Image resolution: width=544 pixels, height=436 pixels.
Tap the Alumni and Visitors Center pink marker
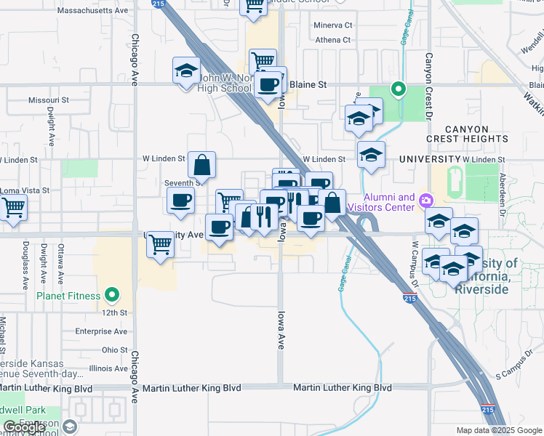tap(427, 200)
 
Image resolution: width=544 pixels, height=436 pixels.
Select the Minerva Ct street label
tap(333, 25)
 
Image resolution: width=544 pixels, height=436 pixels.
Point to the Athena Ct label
tap(332, 40)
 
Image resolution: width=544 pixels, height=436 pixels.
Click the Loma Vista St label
tap(25, 190)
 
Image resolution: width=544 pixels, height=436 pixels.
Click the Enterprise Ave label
tap(102, 331)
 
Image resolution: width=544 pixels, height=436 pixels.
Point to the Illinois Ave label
tap(108, 369)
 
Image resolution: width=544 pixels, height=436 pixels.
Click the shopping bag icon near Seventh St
tap(202, 165)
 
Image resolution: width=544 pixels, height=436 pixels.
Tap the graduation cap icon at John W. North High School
tap(186, 71)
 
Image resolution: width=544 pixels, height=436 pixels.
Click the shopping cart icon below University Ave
tap(160, 245)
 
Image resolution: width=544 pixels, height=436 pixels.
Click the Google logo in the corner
tap(24, 427)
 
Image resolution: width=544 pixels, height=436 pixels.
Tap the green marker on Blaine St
tap(398, 89)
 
